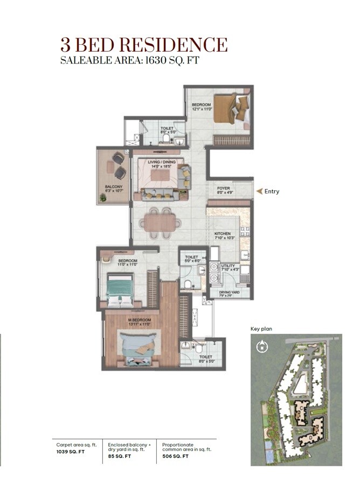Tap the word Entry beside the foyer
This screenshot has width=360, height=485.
pos(272,191)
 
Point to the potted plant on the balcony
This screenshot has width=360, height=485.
pos(102,198)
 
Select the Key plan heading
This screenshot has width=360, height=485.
pos(262,328)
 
